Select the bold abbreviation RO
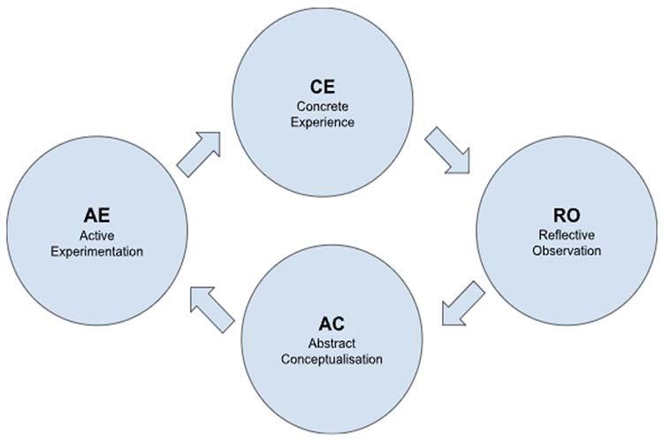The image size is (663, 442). click(x=569, y=215)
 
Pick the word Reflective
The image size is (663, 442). click(x=569, y=234)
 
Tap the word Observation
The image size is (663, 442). click(x=569, y=250)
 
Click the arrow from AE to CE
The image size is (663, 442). click(x=199, y=153)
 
